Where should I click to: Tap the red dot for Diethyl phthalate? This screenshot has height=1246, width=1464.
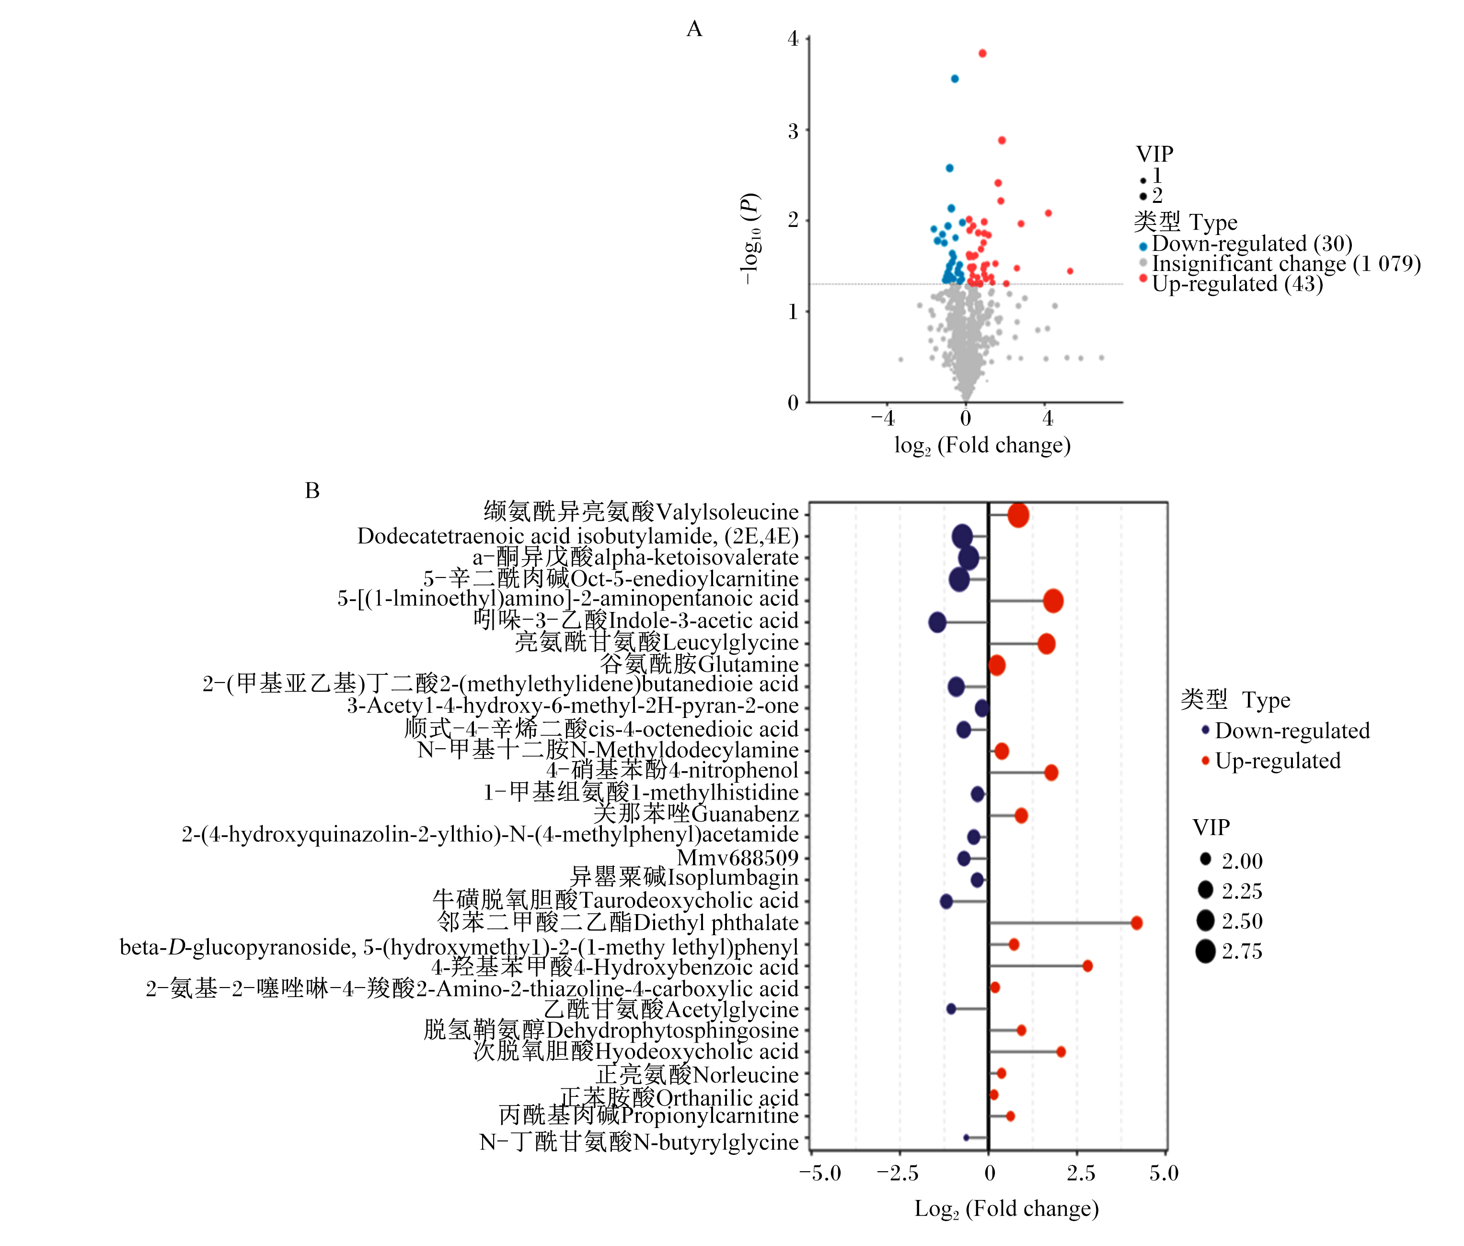click(x=1137, y=922)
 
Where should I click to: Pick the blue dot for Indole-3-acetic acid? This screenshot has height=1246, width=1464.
click(x=937, y=623)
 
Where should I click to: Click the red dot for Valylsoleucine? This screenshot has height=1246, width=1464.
click(x=1018, y=515)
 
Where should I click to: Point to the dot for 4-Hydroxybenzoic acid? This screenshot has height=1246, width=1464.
click(x=1087, y=965)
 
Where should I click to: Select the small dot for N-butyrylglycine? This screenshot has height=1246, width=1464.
click(x=966, y=1137)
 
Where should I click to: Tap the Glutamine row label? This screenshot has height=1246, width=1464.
click(x=699, y=664)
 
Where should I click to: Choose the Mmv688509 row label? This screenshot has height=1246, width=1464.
click(x=738, y=858)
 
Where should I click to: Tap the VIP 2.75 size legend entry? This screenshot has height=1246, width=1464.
click(x=1228, y=952)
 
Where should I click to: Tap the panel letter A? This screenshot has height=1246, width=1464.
click(x=694, y=29)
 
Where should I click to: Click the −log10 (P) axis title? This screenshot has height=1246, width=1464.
click(x=749, y=239)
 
